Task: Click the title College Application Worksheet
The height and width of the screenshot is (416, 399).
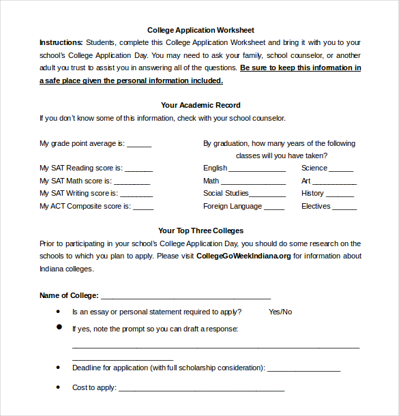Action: [201, 30]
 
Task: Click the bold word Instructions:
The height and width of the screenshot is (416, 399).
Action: [61, 42]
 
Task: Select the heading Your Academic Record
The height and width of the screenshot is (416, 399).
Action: [201, 105]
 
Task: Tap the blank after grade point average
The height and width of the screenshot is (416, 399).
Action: [139, 145]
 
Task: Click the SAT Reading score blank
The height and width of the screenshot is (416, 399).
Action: [139, 169]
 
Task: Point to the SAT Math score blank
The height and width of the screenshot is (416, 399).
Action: [132, 182]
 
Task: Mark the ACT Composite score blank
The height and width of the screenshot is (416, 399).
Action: [143, 207]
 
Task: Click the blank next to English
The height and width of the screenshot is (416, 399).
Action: [257, 169]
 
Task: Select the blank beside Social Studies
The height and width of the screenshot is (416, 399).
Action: [269, 194]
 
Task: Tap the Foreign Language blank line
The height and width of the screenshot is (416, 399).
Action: [274, 207]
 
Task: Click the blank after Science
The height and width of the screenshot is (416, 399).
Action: [341, 169]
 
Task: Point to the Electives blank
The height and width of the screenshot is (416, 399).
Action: [344, 207]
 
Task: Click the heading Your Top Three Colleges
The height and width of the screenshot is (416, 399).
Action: [201, 231]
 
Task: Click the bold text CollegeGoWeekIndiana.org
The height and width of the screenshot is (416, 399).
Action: [243, 256]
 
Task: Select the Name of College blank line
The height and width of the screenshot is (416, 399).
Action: [186, 297]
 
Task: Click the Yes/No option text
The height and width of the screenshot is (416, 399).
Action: [280, 312]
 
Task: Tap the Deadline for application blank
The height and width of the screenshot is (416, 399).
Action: [304, 369]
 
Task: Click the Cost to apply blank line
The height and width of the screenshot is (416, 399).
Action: [201, 389]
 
